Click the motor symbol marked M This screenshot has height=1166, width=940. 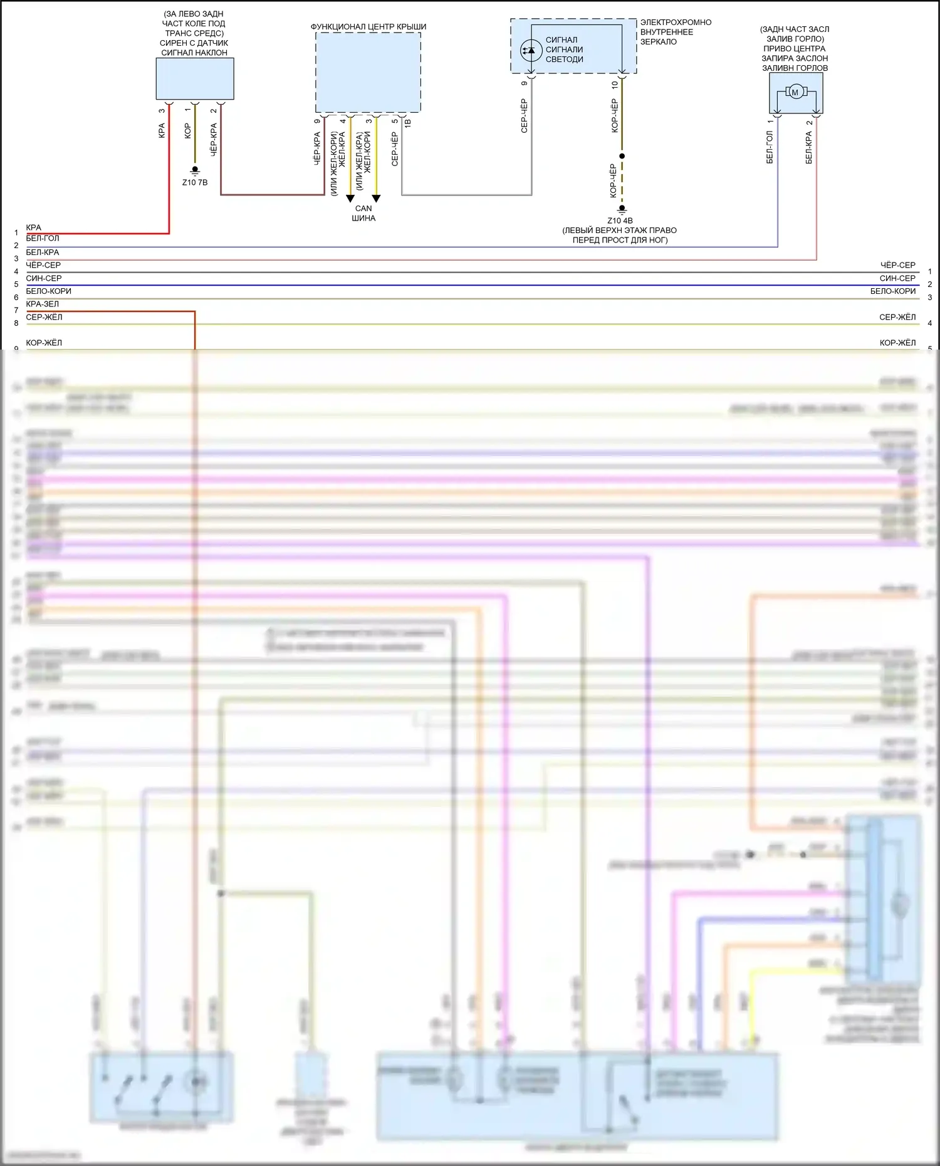[x=795, y=93]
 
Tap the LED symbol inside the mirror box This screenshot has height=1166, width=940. [x=531, y=49]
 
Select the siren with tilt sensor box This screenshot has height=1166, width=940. [x=195, y=79]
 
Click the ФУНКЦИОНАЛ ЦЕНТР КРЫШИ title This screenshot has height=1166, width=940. [x=368, y=27]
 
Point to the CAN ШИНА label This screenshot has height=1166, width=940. [x=363, y=213]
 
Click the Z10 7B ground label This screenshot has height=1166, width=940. [x=195, y=182]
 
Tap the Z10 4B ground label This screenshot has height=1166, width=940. [x=620, y=221]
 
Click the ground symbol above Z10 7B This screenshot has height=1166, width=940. [x=195, y=170]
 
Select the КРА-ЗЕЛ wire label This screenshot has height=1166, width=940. [x=43, y=304]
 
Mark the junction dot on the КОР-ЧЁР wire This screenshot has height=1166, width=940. [x=622, y=156]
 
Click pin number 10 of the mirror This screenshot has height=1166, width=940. [x=615, y=84]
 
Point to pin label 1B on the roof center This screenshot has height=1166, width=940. [x=407, y=123]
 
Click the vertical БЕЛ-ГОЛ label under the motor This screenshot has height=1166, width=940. [x=770, y=147]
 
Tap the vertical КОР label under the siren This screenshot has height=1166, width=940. [x=187, y=131]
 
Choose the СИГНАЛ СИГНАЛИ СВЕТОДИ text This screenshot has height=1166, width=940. [x=564, y=49]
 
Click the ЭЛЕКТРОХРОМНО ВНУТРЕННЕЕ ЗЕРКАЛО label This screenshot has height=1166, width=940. [x=676, y=32]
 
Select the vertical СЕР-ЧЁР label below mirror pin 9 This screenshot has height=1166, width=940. [x=525, y=116]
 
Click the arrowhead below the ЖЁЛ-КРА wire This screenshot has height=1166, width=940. [x=350, y=199]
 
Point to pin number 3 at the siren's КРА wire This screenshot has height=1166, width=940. [x=162, y=111]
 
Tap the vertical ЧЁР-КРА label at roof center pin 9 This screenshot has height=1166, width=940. [x=317, y=148]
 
